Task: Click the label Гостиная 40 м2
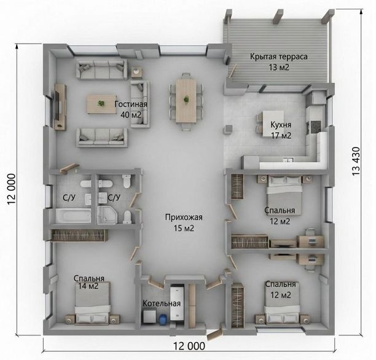point(131,109)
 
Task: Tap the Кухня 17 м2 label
point(281,130)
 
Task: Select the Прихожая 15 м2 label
point(184,222)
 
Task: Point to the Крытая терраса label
point(279,57)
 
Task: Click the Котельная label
point(162,303)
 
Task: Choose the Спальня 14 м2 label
point(88,282)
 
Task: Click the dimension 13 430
point(356,161)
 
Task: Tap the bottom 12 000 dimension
point(189,346)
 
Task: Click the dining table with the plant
point(186,101)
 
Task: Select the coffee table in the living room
point(101,104)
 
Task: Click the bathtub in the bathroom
point(73,216)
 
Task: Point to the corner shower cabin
point(107,214)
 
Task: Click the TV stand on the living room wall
point(60,107)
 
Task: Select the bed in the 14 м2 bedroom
point(92,303)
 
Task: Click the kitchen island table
point(273,123)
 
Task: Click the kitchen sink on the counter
point(288,160)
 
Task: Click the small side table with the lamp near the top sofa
point(136,72)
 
